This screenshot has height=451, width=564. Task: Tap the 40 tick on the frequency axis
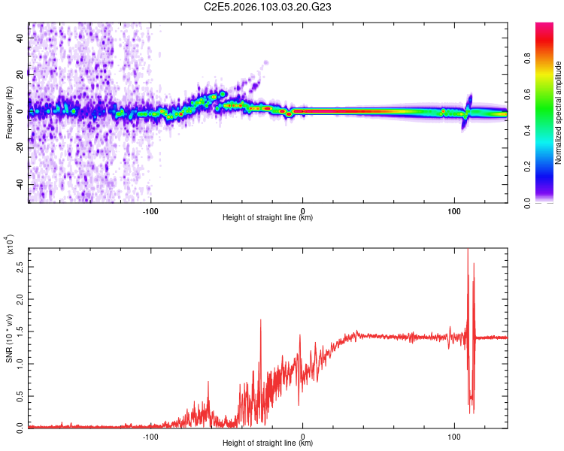(21, 37)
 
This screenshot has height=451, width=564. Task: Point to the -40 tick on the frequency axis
(20, 185)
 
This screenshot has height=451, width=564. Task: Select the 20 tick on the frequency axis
(21, 74)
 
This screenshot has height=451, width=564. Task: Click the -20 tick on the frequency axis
(20, 148)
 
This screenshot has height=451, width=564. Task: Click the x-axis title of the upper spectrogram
(268, 218)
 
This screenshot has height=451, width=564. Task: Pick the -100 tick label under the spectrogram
(150, 210)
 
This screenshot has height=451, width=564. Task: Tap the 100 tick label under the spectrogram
(454, 210)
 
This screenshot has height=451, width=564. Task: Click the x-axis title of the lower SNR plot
(268, 443)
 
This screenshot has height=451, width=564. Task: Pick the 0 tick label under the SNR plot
(303, 436)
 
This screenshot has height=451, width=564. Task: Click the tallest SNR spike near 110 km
(468, 250)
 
